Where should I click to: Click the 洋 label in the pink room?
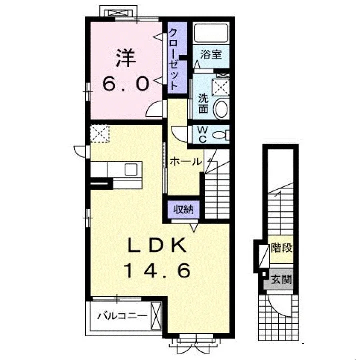[x=126, y=58]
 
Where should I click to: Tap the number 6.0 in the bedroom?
[x=126, y=84]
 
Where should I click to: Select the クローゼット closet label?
[x=174, y=59]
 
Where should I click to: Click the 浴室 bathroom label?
[x=211, y=55]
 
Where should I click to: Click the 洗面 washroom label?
[x=203, y=104]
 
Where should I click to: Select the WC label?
[x=202, y=135]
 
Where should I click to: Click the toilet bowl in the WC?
[x=219, y=135]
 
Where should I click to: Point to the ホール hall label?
[x=186, y=162]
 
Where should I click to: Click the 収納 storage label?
[x=183, y=209]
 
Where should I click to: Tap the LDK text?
[x=157, y=245]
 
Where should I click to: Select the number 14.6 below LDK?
[x=157, y=270]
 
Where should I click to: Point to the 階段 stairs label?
[x=282, y=248]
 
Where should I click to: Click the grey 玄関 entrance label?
[x=281, y=279]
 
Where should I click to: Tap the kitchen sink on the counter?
[x=131, y=169]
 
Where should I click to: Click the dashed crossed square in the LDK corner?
[x=100, y=134]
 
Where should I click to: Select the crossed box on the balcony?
[x=156, y=316]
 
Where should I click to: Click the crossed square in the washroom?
[x=220, y=87]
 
